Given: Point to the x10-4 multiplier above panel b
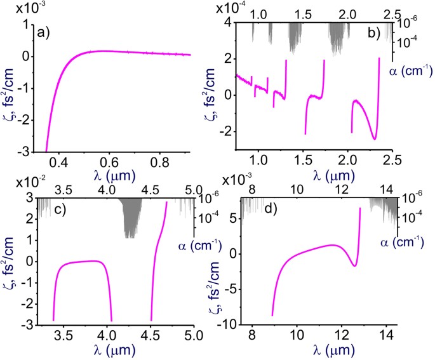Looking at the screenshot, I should click(231, 8).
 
